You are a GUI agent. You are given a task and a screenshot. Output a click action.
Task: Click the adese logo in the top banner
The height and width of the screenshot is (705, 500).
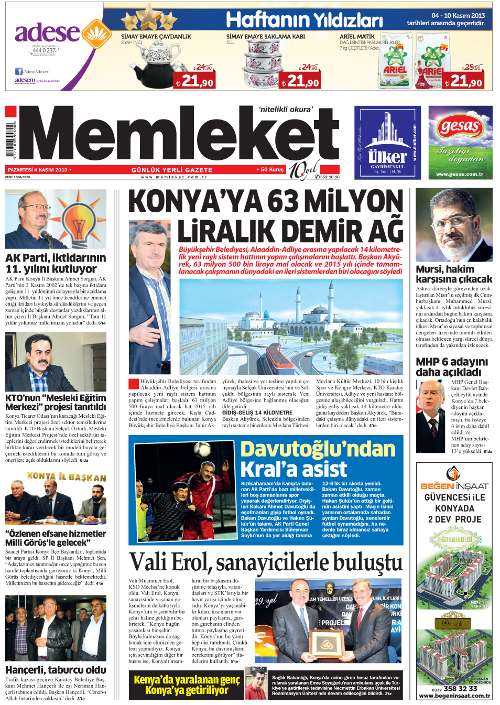click(47, 32)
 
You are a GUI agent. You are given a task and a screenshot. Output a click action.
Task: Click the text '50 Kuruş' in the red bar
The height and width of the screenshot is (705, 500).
click(272, 169)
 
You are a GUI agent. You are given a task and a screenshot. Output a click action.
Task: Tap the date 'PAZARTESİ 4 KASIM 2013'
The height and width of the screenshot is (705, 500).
click(38, 169)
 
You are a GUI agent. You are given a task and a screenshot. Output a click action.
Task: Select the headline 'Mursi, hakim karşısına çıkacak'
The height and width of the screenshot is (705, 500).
click(453, 274)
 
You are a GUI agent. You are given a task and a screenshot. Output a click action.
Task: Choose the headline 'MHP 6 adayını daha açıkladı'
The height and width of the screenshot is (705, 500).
click(452, 366)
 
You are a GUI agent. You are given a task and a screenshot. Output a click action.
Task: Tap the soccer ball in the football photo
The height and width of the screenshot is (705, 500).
click(202, 449)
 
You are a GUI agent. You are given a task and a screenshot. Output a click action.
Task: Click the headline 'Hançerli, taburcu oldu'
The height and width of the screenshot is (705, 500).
click(56, 669)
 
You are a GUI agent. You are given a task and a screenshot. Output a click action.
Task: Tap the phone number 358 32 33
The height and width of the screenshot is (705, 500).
click(460, 688)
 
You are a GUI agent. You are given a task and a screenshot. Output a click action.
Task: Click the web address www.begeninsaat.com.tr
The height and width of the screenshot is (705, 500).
click(454, 696)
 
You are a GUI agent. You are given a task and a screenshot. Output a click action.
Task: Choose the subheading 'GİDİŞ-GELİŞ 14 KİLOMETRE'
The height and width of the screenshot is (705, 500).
click(257, 413)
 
